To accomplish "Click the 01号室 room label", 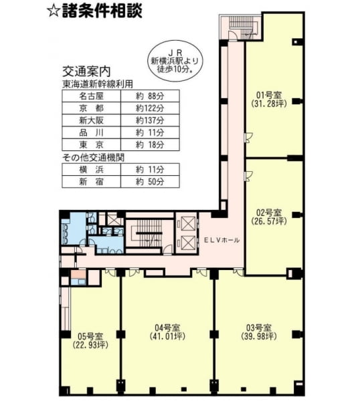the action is coord(269,96).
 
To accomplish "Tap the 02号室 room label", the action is coord(269,213).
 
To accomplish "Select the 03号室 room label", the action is coord(258,327).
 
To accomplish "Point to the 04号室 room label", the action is coord(167,327).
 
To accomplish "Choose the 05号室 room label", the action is coord(90,336).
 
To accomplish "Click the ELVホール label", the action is coord(221,240).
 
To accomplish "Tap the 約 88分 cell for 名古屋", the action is coord(150,96).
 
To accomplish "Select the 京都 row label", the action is coord(92,108).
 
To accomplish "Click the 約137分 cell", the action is coord(150,120).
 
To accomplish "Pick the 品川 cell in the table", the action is coord(92,133).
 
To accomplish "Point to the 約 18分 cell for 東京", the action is coord(150,145).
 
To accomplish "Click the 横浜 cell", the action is coord(92,169).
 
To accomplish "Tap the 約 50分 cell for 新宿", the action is coord(150,182).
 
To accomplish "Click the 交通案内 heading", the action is coord(86,72).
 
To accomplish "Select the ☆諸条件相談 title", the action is coord(95,11).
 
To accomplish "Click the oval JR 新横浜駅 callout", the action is coord(175,61).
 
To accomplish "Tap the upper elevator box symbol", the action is coord(188,225).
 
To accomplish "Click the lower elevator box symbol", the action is coord(188,243).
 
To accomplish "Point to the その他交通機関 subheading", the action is coord(93,158).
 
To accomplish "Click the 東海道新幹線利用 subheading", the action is coord(98,84).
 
